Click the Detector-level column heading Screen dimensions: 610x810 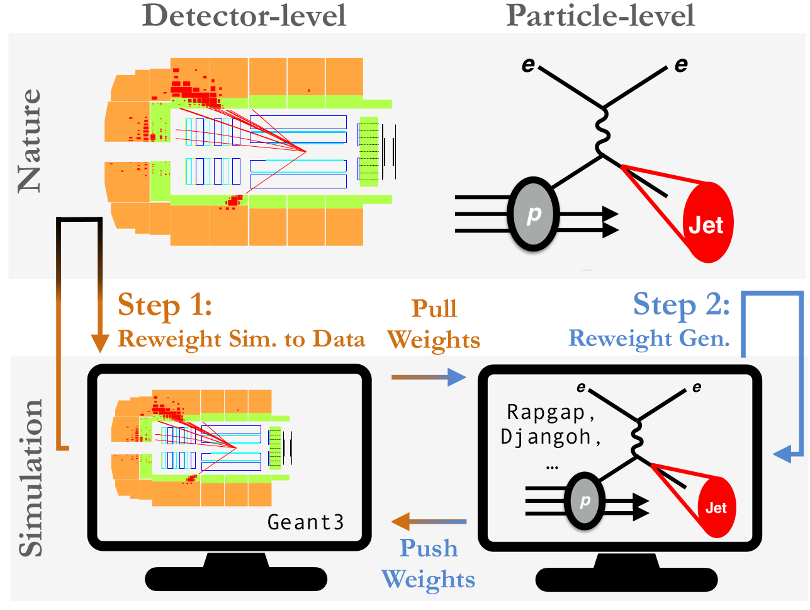244,15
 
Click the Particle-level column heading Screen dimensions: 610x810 600,15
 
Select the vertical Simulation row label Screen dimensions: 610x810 30,478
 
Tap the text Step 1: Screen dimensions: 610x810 165,306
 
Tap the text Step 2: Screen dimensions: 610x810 681,305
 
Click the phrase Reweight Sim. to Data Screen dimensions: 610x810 241,339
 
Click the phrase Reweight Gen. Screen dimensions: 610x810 649,338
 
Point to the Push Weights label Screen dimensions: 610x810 429,563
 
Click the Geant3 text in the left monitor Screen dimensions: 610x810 306,522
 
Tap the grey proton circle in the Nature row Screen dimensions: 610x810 533,214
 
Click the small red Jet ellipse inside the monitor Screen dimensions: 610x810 716,507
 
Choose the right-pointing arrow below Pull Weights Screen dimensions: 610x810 429,377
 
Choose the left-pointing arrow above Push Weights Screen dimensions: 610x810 429,522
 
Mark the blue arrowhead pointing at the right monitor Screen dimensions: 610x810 782,453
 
